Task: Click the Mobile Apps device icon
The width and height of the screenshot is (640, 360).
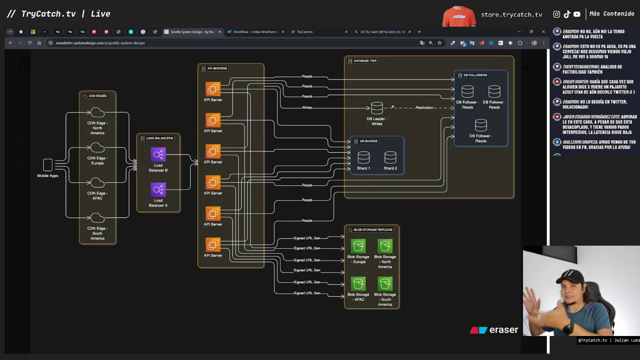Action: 47,164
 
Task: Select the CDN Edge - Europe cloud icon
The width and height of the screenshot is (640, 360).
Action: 97,148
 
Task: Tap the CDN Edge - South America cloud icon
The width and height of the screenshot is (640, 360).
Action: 97,218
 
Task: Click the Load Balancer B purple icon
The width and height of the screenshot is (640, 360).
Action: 158,154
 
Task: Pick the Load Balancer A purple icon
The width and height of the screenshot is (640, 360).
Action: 158,189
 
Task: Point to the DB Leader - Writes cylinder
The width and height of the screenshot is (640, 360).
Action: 377,108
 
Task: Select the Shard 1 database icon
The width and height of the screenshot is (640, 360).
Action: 363,157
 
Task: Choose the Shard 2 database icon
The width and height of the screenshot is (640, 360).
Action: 390,157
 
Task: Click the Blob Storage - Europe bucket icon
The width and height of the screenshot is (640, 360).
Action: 358,246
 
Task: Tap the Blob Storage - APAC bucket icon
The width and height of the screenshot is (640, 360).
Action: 358,283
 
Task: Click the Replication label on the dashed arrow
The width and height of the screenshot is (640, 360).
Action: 424,107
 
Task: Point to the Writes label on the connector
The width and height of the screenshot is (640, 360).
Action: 307,107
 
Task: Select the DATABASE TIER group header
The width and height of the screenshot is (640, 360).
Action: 365,61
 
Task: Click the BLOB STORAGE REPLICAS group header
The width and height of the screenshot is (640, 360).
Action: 373,229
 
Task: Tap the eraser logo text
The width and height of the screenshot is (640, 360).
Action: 503,330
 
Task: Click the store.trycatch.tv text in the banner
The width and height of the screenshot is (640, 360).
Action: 511,14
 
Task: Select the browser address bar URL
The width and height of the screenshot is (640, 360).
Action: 100,43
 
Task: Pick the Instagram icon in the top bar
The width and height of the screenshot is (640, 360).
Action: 556,14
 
